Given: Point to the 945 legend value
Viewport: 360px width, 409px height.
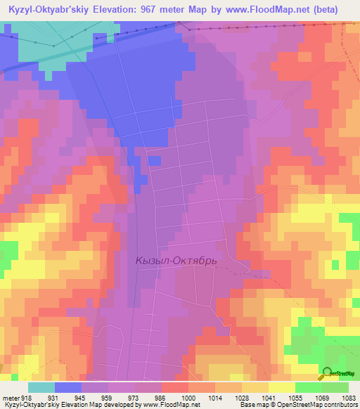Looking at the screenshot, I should tap(80, 398).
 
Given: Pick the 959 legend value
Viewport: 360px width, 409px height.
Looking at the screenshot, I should tap(107, 398).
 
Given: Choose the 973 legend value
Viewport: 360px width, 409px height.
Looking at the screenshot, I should tap(134, 398).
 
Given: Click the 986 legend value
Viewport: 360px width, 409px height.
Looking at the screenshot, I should tap(160, 398).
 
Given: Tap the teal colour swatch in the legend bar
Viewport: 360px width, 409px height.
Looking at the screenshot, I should tap(41, 387).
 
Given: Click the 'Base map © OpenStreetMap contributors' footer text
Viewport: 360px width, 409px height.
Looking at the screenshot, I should tap(297, 405).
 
